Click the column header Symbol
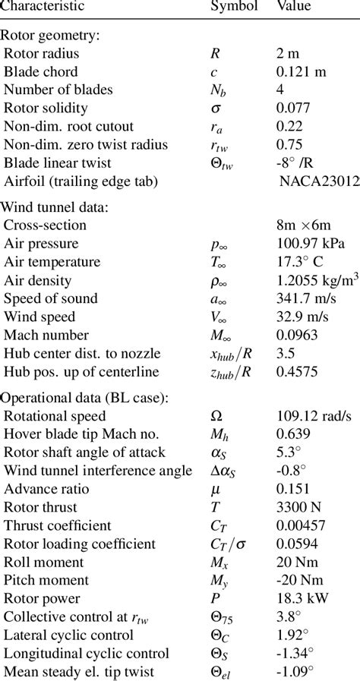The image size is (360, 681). click(x=234, y=6)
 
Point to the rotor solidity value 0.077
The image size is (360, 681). click(x=292, y=108)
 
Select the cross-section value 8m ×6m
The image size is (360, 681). click(x=305, y=225)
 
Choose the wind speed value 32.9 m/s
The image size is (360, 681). click(x=302, y=317)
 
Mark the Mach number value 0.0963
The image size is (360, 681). click(x=296, y=335)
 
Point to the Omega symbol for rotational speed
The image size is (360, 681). click(x=216, y=416)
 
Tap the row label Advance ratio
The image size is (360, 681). click(x=46, y=489)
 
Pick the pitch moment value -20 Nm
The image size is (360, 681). click(x=298, y=580)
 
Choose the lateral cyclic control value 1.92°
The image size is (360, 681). click(x=292, y=635)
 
